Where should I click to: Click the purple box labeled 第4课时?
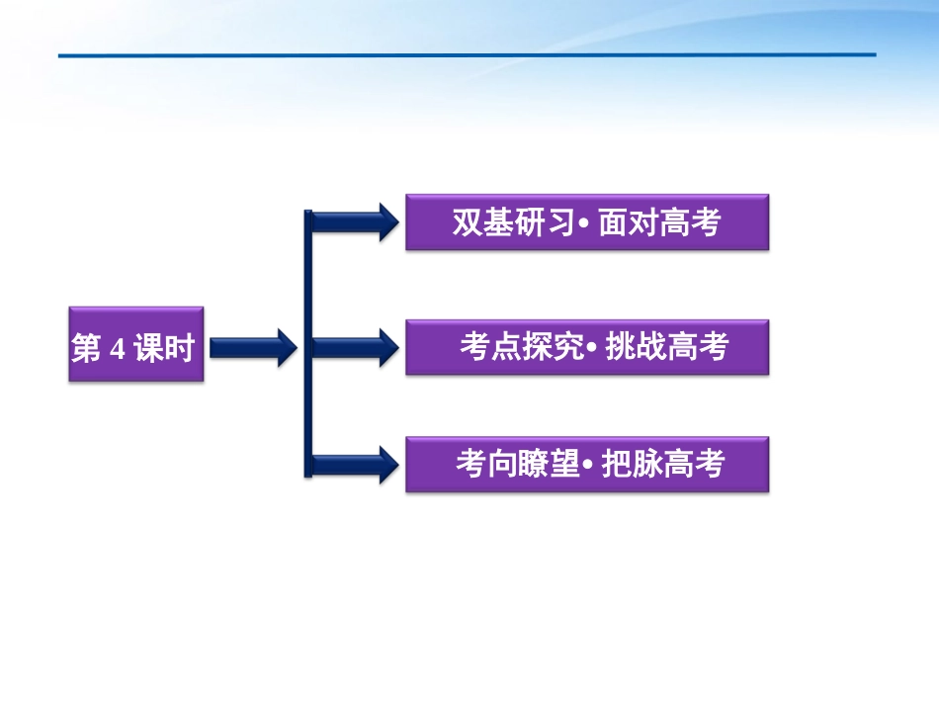[136, 344]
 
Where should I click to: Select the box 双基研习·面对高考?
[586, 222]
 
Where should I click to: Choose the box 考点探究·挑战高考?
[586, 347]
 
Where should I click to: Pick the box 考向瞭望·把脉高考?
[586, 463]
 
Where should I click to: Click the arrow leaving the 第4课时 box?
[253, 346]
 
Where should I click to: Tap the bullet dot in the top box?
[583, 225]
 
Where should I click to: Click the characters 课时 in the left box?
[165, 348]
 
